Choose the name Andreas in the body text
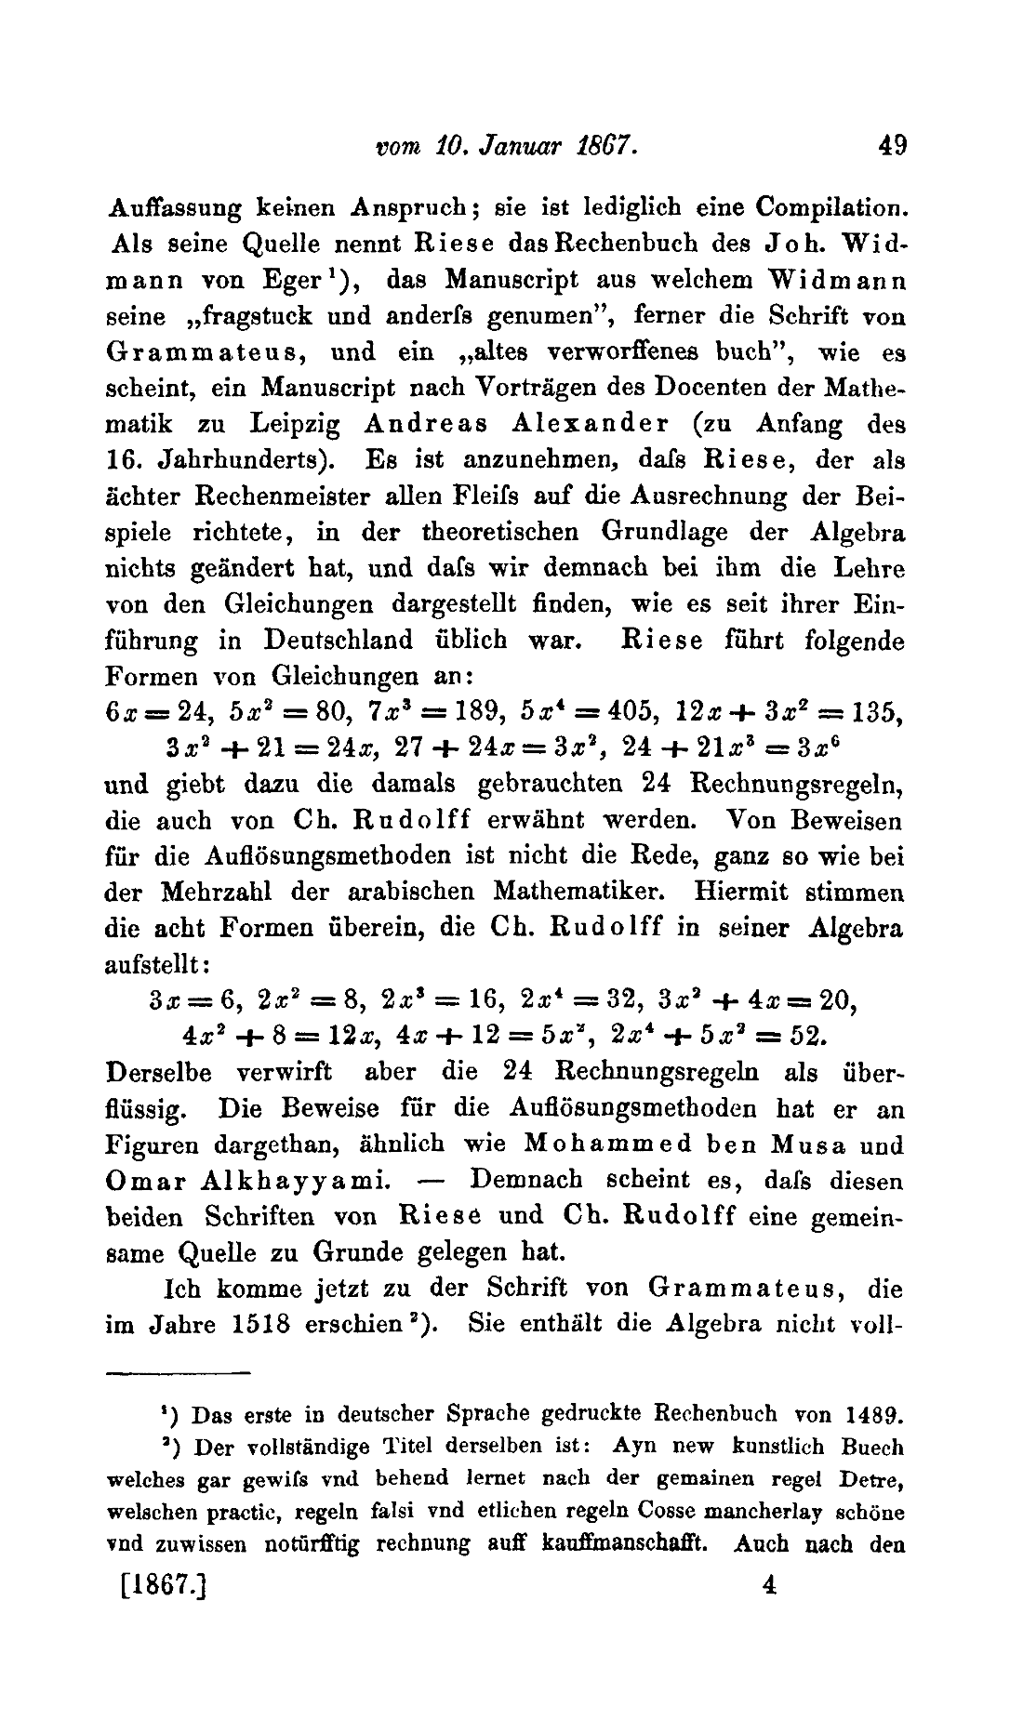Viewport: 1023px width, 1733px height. pyautogui.click(x=427, y=424)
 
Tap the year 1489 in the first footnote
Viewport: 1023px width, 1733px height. pyautogui.click(x=874, y=1417)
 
